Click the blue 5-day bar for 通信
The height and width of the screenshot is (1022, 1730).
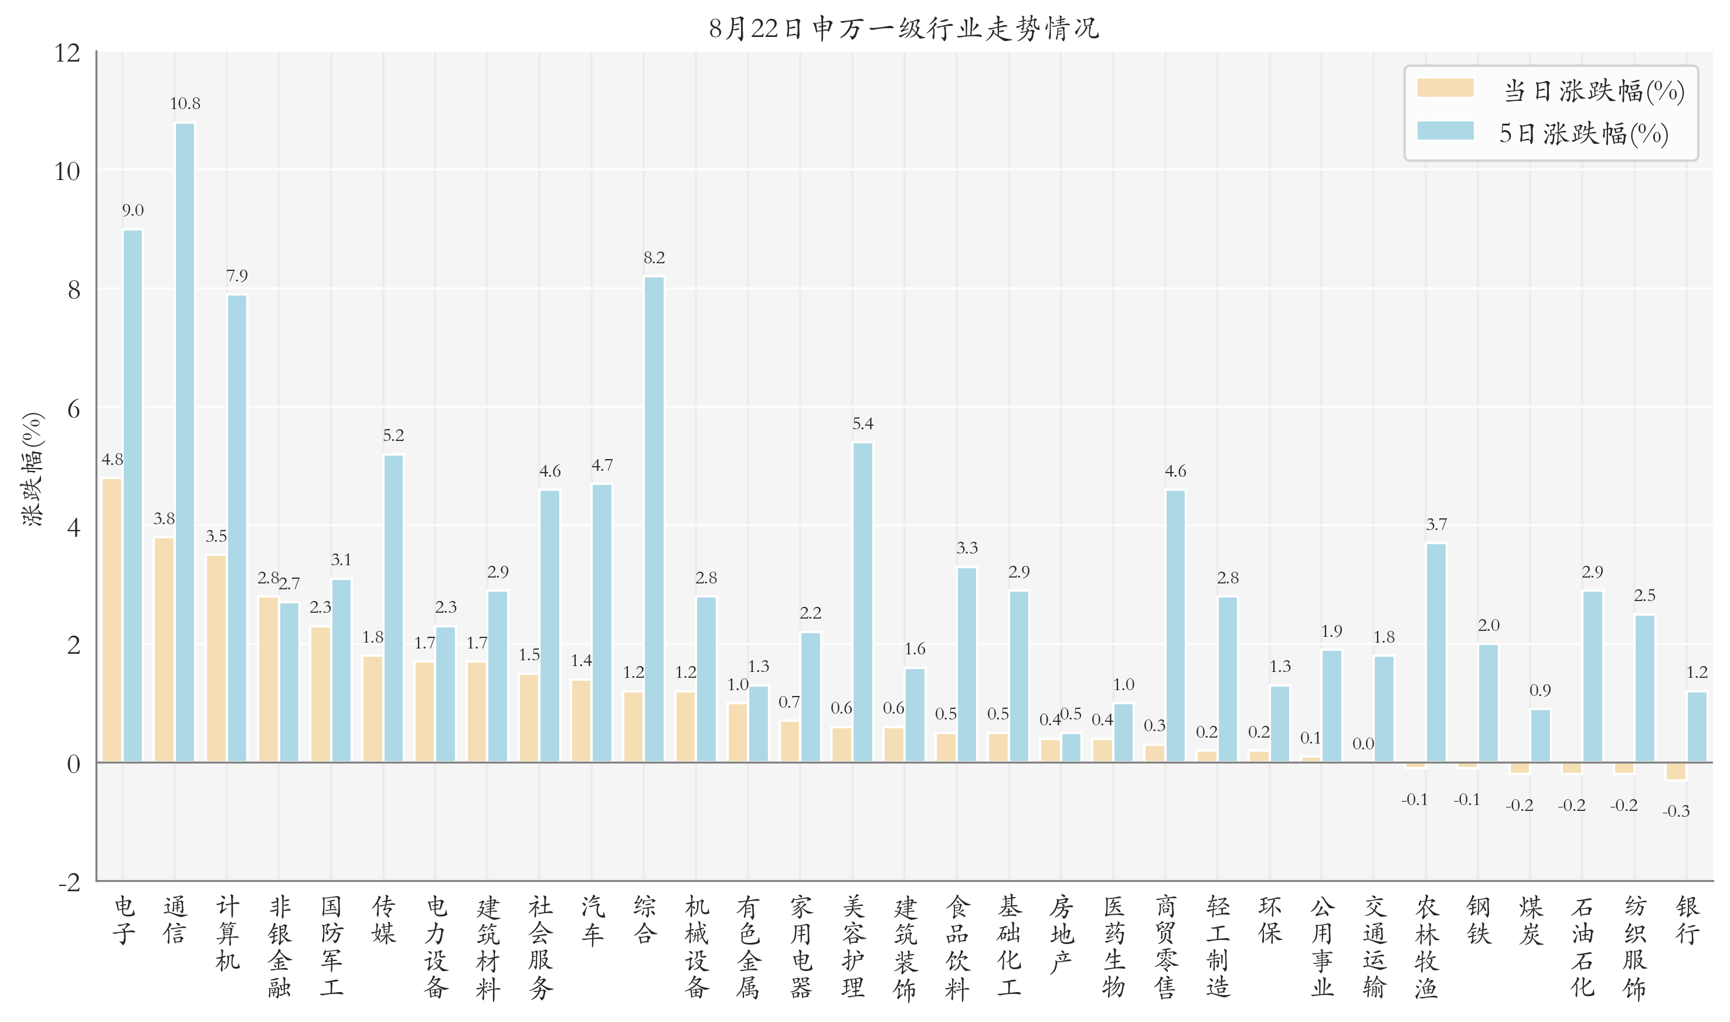click(x=185, y=441)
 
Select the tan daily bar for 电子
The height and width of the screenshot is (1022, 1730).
click(x=111, y=620)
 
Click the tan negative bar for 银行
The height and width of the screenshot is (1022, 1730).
click(x=1675, y=770)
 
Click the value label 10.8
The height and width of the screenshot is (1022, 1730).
click(x=185, y=104)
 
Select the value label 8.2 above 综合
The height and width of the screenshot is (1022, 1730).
click(x=654, y=257)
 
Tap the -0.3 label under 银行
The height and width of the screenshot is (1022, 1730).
click(x=1675, y=812)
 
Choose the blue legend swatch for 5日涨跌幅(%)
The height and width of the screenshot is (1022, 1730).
click(x=1445, y=131)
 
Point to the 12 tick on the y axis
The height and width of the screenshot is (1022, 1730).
click(x=67, y=53)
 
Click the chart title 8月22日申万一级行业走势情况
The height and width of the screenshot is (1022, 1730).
click(x=904, y=28)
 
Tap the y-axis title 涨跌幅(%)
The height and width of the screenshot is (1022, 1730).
click(x=32, y=469)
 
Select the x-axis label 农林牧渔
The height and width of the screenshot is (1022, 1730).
click(x=1426, y=947)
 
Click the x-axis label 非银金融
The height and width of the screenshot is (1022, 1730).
click(x=280, y=947)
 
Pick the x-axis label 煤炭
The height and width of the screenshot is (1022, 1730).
click(x=1531, y=920)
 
